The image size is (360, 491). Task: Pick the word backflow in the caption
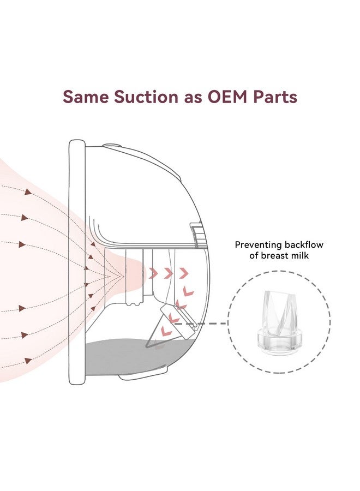[x=303, y=245]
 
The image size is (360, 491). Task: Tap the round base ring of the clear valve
[x=279, y=342]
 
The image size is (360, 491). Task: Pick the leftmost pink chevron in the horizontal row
[x=153, y=272]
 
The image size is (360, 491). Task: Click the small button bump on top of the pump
[x=112, y=146]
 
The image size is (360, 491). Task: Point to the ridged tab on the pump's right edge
[x=196, y=232]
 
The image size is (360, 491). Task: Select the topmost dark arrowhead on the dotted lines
[x=27, y=191]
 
